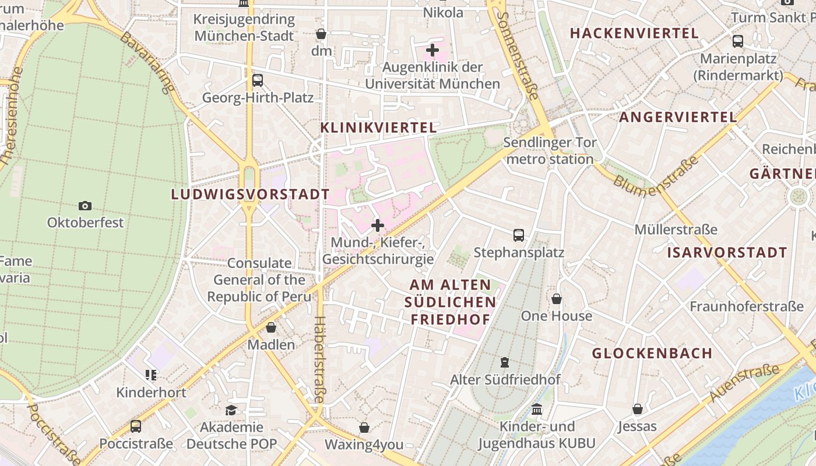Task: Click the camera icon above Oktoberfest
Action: coord(85,206)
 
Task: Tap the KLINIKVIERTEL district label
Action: coord(378,128)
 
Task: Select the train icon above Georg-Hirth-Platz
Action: coord(257,80)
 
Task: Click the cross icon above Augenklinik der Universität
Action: coord(432,50)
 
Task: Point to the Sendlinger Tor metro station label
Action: coord(550,151)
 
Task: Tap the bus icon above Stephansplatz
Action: coord(518,235)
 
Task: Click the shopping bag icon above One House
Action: coord(557,299)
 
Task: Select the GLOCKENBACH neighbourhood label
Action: coord(652,353)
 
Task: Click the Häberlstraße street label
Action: coord(319,359)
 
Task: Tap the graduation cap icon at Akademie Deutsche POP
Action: coord(231,410)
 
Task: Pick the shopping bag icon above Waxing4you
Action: coord(364,428)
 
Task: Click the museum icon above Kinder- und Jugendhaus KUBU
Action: coord(536,409)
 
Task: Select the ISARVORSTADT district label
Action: coord(727,253)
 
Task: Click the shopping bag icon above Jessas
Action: coord(637,409)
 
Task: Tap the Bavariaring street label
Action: coord(147,62)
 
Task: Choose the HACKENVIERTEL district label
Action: coord(634,33)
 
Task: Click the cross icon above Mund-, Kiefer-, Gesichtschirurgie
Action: coord(378,225)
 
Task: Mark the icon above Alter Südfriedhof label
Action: coord(505,362)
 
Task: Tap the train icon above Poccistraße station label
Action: coord(136,426)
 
